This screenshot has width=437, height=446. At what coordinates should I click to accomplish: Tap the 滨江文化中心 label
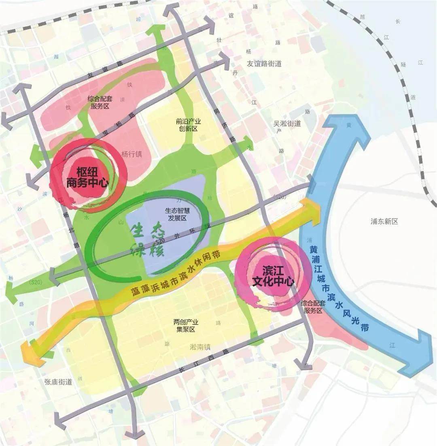[x=272, y=276]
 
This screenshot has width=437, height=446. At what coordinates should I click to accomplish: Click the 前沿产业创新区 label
[x=186, y=125]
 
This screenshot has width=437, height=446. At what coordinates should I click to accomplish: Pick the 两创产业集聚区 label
[x=185, y=326]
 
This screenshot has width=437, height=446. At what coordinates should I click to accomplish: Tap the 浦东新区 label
[x=384, y=222]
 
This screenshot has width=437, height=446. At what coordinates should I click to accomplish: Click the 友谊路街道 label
[x=264, y=64]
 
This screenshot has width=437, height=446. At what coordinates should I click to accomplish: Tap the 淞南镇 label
[x=200, y=347]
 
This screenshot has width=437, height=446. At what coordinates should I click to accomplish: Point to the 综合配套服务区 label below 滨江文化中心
[x=312, y=307]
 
